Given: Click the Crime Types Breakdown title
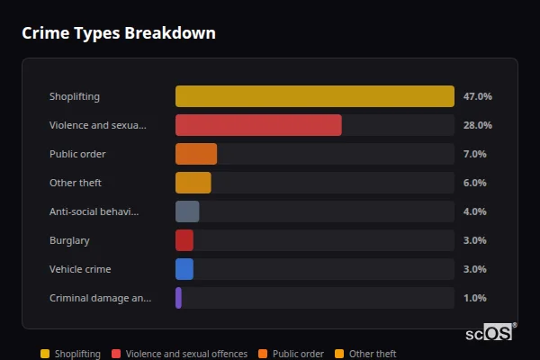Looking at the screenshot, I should [118, 33].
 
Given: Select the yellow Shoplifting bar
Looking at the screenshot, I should [314, 96].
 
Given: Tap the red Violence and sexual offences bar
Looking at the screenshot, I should [258, 125].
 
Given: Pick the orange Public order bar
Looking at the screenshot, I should [196, 154].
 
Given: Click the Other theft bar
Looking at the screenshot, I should [193, 183].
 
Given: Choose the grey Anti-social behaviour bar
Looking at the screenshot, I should [187, 211].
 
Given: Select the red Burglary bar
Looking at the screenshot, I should [184, 240].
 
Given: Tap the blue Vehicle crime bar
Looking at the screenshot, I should [184, 269].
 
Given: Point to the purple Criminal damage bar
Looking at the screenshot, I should [179, 298].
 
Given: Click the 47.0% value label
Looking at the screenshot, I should [477, 96].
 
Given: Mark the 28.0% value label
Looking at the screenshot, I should [477, 125].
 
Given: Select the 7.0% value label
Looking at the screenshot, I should [475, 154].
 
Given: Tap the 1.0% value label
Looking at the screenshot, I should [475, 298].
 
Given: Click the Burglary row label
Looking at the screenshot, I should [69, 240].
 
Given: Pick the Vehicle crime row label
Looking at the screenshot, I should [80, 269].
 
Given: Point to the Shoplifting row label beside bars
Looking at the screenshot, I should [75, 96].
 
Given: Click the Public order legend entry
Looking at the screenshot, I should [298, 354].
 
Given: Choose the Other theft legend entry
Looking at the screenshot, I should [372, 354].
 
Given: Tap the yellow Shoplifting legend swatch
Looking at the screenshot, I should [45, 354].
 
